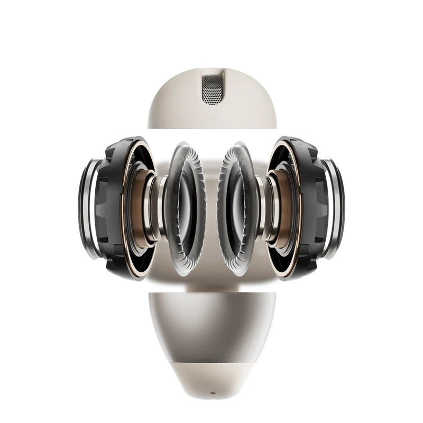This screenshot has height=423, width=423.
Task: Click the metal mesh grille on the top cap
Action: (212, 89)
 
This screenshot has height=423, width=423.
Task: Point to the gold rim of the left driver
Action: (125, 174)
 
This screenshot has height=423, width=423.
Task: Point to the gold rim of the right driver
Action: (299, 174)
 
